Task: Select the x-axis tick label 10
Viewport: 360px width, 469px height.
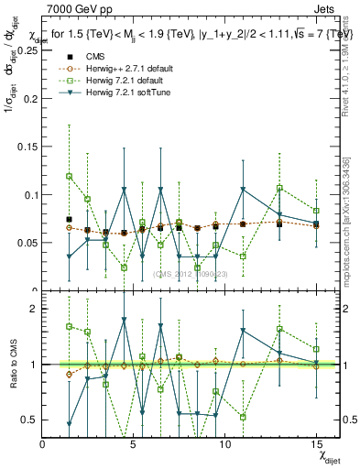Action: point(225,444)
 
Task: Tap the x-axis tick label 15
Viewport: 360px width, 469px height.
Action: point(316,444)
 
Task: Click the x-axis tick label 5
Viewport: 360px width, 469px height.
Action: point(135,444)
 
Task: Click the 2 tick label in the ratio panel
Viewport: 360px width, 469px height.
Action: point(35,309)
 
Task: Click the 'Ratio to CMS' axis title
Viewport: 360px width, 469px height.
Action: point(11,364)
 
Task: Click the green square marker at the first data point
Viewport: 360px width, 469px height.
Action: point(70,176)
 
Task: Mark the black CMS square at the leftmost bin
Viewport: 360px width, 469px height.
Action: point(70,220)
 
